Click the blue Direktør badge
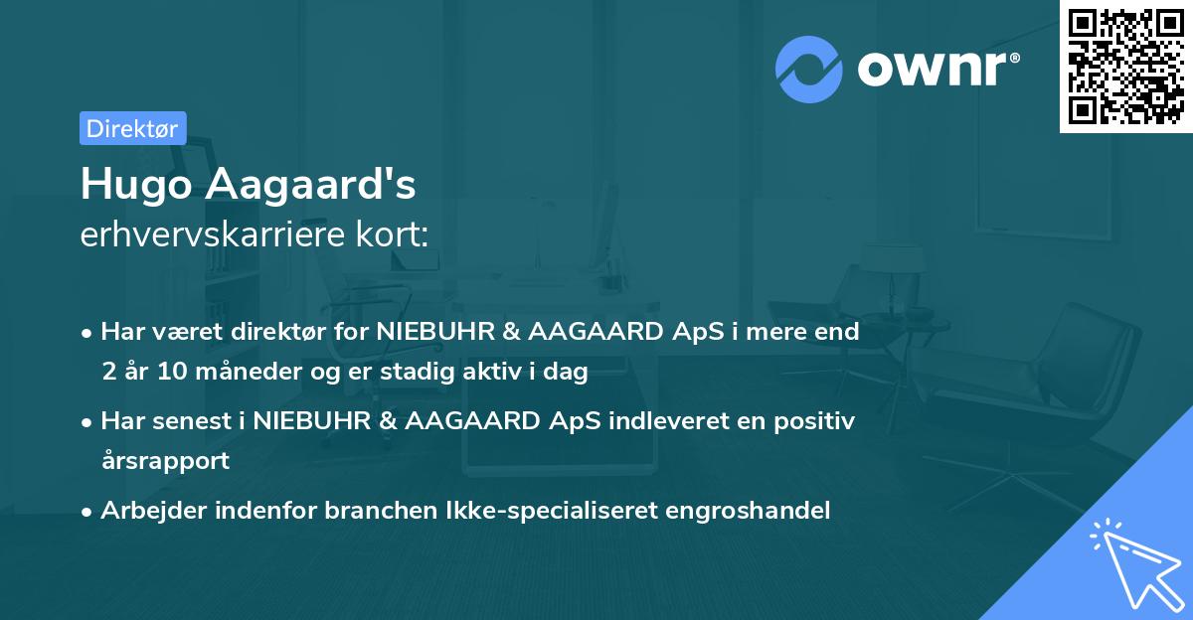click(132, 128)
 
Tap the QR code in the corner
click(1125, 66)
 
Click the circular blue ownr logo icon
click(809, 70)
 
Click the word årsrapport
click(165, 461)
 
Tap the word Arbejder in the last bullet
click(147, 511)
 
